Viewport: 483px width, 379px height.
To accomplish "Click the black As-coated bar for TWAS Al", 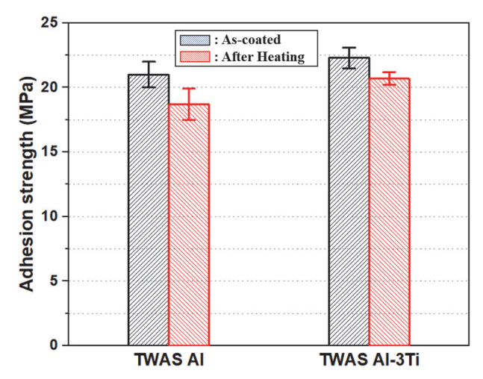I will click(x=148, y=210).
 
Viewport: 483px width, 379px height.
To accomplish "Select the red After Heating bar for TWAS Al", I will click(x=188, y=224).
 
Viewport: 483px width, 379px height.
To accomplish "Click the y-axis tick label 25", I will click(x=49, y=23).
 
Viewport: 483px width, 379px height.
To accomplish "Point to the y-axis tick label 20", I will click(x=49, y=87).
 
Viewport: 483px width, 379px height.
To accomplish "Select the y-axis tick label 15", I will click(x=49, y=152).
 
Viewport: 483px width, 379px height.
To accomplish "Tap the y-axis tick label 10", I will click(x=49, y=216).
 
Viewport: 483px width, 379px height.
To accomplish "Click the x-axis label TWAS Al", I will click(x=168, y=362).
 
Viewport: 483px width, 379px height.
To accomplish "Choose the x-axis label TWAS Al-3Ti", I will click(x=368, y=362).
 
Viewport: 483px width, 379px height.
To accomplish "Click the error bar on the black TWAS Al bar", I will click(x=148, y=74).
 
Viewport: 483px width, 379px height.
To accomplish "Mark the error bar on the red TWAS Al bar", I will click(x=188, y=104).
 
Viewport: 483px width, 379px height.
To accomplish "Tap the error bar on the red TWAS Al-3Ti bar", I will click(x=389, y=78).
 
